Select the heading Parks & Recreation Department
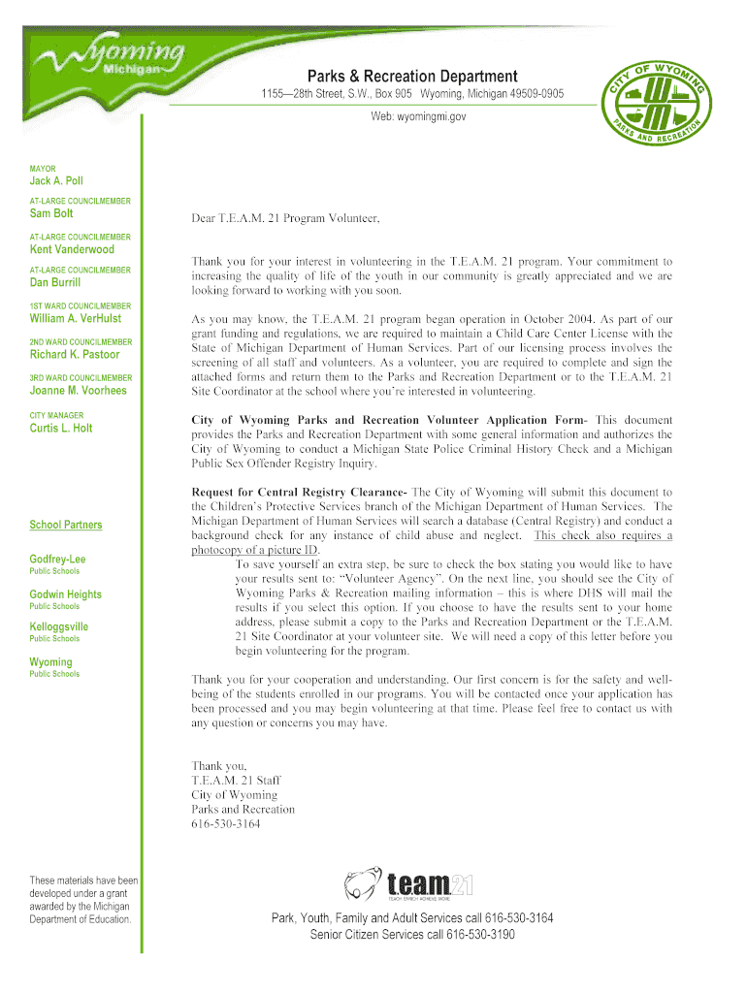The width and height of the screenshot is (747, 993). (412, 77)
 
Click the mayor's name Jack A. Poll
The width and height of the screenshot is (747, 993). (56, 181)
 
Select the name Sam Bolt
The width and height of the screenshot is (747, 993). (50, 213)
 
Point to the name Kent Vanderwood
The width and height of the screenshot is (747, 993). (72, 249)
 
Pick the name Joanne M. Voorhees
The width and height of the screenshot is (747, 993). (78, 391)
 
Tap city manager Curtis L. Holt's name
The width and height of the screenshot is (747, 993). (61, 428)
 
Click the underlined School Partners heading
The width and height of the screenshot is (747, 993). (65, 525)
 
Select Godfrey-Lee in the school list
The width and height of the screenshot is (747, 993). (57, 559)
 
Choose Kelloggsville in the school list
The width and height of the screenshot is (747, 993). (58, 626)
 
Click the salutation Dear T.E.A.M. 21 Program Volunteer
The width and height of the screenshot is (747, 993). (285, 218)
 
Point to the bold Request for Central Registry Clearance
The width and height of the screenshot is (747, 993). (299, 493)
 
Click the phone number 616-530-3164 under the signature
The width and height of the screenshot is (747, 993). (225, 824)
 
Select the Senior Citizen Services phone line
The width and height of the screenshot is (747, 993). (412, 935)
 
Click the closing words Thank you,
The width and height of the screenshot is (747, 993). (218, 764)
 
